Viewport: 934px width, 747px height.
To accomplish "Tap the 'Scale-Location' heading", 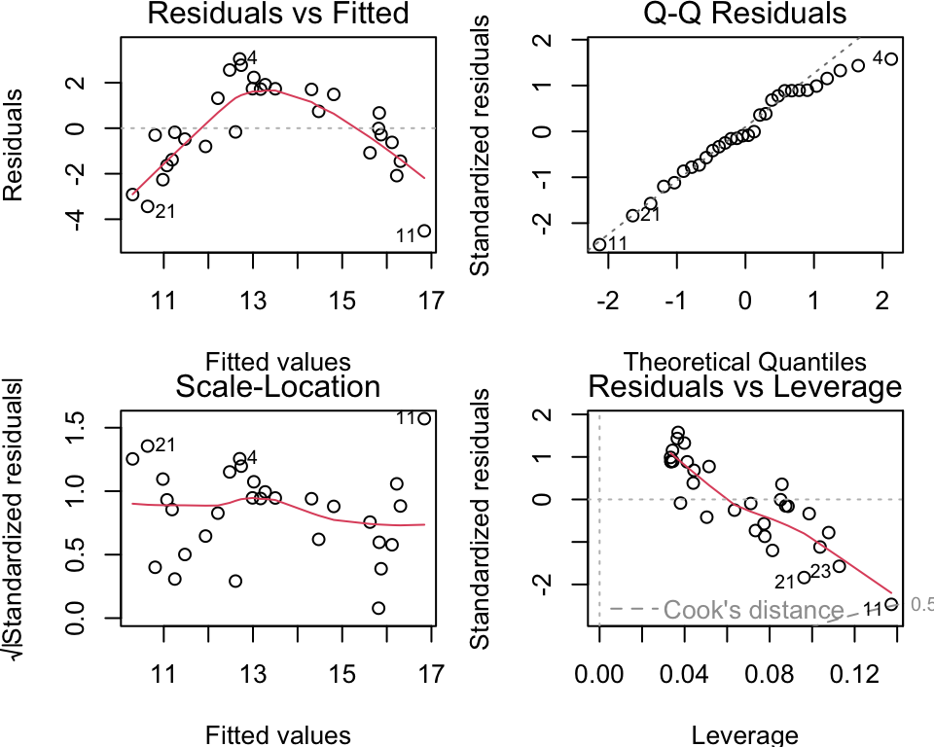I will [x=277, y=386].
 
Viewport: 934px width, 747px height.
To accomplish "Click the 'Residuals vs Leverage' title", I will [x=744, y=386].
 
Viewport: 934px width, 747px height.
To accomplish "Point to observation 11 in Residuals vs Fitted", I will [x=424, y=231].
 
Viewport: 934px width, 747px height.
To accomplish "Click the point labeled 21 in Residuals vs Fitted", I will [x=148, y=206].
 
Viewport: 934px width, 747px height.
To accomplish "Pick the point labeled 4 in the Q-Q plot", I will [x=891, y=59].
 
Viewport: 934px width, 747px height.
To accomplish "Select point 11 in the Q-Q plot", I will [x=599, y=244].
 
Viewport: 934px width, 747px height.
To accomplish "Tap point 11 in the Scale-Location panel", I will [x=424, y=418].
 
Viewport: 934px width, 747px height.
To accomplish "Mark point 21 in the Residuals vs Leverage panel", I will [x=804, y=578].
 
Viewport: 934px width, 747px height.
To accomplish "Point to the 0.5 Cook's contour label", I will [x=920, y=604].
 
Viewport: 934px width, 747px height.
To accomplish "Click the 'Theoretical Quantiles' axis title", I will [x=744, y=363].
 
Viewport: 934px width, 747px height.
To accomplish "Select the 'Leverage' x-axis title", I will [x=744, y=735].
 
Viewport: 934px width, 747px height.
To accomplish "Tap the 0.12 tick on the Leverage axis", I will [x=848, y=672].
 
